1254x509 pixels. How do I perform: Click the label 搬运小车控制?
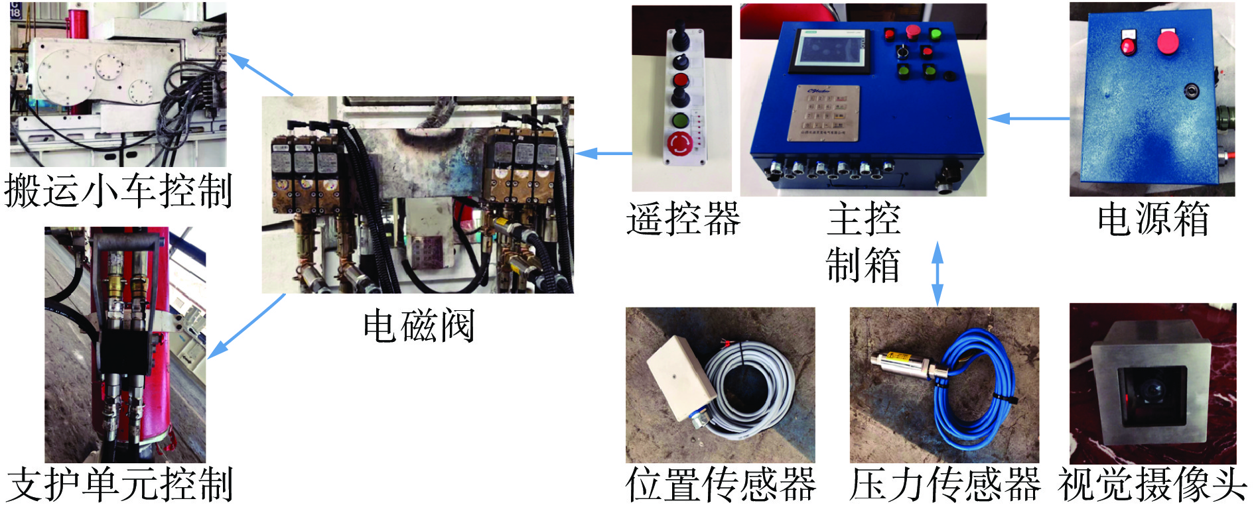[x=118, y=192]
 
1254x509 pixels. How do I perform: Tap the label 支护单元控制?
[x=120, y=484]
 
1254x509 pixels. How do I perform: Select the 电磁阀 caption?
[x=419, y=325]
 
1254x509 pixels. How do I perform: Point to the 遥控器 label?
[x=683, y=219]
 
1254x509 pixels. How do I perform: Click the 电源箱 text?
[x=1153, y=219]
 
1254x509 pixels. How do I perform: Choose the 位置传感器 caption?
[x=721, y=484]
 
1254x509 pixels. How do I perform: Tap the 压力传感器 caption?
[x=945, y=484]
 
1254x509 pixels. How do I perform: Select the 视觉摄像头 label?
[x=1153, y=484]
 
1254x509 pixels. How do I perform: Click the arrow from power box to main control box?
[x=1029, y=119]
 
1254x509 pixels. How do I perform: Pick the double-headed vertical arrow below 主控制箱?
[x=938, y=273]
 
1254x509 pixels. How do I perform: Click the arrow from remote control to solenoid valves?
[x=604, y=154]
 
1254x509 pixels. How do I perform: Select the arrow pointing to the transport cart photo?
[x=261, y=74]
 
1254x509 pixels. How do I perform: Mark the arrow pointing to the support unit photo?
[x=246, y=326]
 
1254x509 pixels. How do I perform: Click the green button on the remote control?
[x=680, y=121]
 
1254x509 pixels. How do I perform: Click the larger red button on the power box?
[x=1168, y=42]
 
